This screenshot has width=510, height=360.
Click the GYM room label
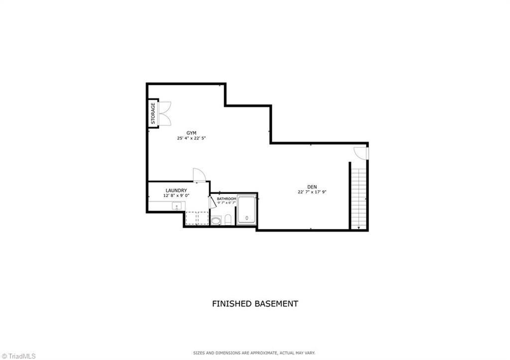pos(191,132)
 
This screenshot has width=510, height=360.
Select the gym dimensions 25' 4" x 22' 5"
pos(191,138)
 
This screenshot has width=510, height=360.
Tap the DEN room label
pos(312,187)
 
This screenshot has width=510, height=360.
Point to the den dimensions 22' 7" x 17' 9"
pos(312,192)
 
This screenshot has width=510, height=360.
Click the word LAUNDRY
pos(176,190)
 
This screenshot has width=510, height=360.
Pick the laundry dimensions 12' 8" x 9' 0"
pos(176,196)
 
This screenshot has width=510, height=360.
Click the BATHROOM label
pos(226,199)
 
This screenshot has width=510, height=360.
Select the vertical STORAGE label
pos(153,114)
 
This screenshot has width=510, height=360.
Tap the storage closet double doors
pos(165,114)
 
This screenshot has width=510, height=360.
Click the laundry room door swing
pos(199,174)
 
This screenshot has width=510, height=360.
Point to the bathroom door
pos(212,202)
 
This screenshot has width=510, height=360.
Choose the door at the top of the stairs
pos(361,153)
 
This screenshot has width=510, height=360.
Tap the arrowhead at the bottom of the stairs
pos(359,228)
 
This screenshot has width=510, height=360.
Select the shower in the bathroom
pos(246,210)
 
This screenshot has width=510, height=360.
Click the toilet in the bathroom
pos(228,219)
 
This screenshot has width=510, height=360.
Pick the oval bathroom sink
pos(216,220)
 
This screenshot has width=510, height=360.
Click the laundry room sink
pos(177,206)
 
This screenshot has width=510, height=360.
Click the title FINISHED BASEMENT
pos(255,303)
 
